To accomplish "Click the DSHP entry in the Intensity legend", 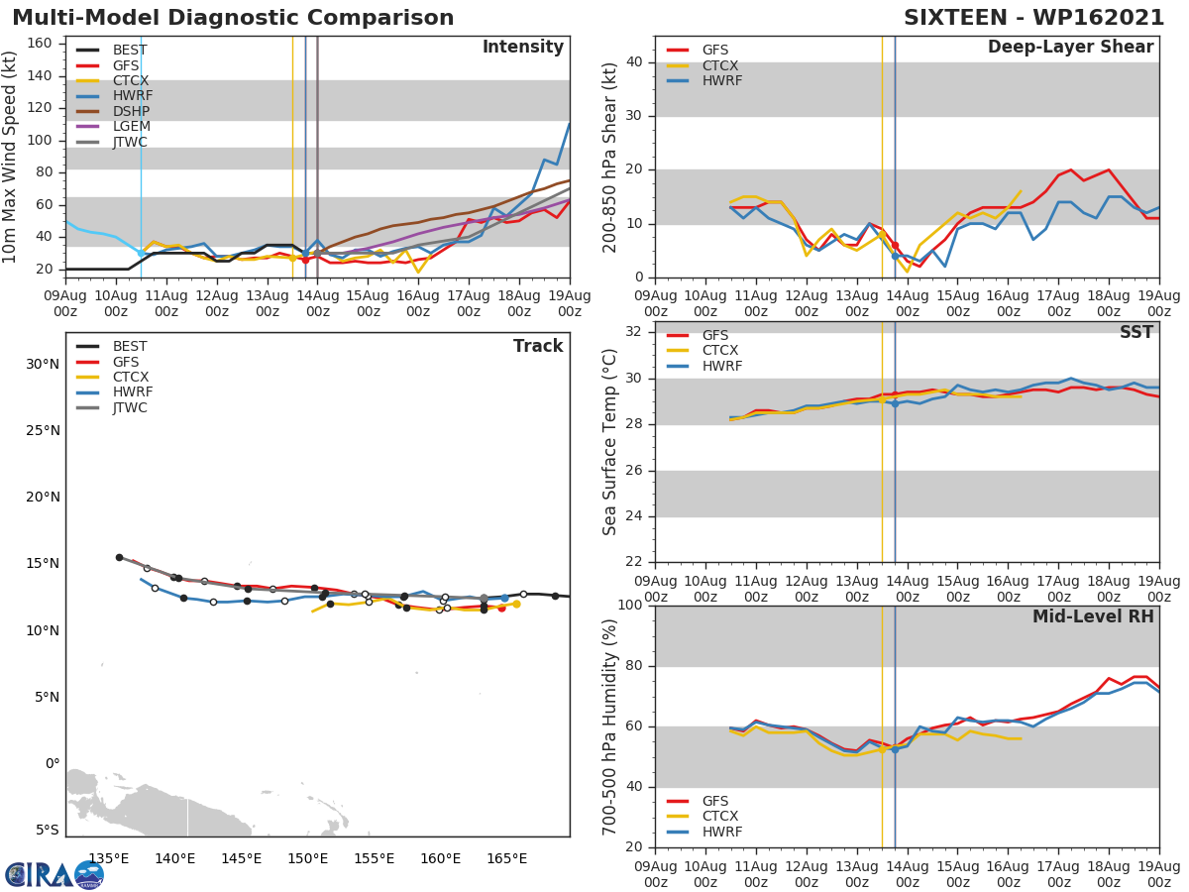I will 130,112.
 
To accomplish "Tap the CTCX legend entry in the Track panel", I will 130,378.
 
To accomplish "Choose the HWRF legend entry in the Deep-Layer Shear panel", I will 720,81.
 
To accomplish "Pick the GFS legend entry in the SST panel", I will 715,335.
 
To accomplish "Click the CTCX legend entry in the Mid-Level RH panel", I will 721,817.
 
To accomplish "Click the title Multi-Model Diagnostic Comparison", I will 233,18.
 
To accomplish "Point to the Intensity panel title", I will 522,48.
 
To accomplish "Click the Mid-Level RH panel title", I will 1093,617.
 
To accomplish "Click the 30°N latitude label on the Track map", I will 42,364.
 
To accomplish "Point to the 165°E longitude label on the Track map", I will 506,858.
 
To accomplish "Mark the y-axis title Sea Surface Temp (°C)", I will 610,442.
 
